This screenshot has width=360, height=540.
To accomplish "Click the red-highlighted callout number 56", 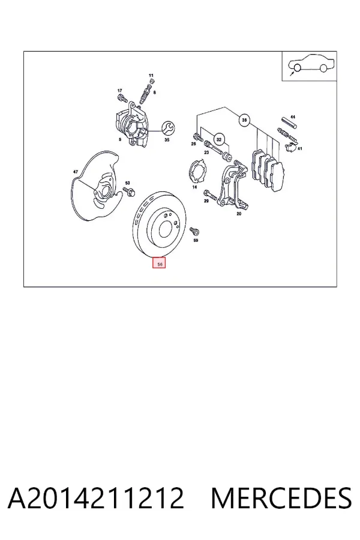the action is [x=160, y=263].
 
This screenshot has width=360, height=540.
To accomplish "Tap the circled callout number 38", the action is [x=244, y=120].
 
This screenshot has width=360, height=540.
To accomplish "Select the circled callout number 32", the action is [x=219, y=139].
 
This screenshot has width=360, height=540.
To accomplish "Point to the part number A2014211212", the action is [x=96, y=498].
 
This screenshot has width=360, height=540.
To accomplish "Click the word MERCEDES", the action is [x=281, y=498].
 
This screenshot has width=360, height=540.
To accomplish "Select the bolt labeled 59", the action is [x=194, y=231].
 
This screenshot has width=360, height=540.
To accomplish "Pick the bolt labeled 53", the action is [x=130, y=191].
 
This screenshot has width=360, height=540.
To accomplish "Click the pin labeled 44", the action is [x=289, y=123].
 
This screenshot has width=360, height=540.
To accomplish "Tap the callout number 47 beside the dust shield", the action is [x=76, y=172].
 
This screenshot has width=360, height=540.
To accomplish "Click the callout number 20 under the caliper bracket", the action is [x=239, y=214].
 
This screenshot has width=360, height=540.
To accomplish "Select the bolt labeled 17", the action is [x=121, y=97].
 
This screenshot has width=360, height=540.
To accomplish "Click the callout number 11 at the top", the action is [x=151, y=75].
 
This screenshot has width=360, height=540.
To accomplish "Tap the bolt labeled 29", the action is [x=210, y=195].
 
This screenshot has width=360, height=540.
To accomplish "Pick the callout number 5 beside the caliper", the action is [x=120, y=139].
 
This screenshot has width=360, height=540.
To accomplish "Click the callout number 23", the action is [x=206, y=152].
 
